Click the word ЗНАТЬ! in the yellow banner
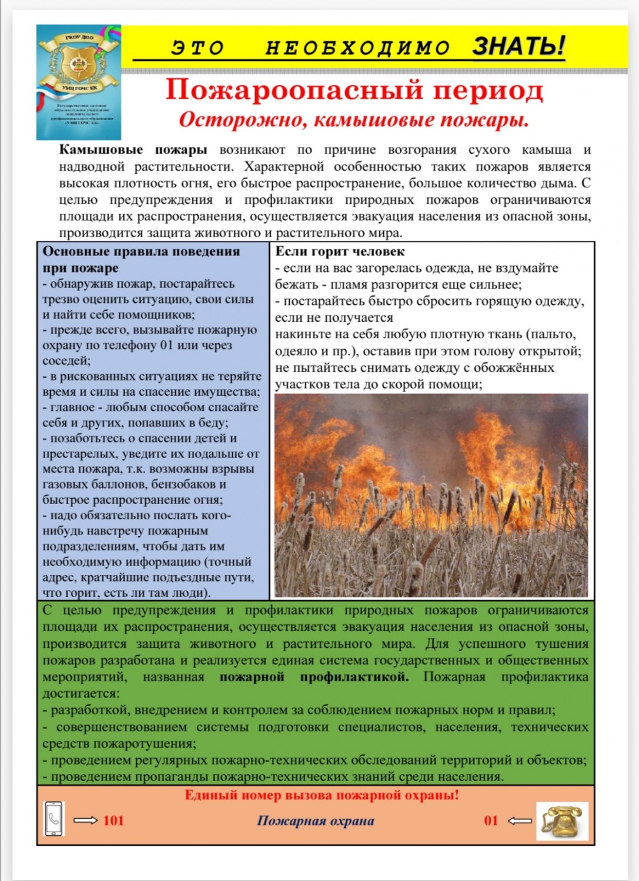coord(518,46)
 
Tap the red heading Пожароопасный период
coord(354,90)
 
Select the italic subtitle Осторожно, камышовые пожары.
coord(354,119)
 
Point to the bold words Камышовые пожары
coord(133,150)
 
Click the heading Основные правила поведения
coord(141,251)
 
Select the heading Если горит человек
coord(340,251)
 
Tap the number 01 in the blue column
coord(166,345)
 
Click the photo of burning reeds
coord(431,495)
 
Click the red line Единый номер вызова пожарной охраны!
coord(322,795)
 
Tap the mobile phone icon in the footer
coord(54,819)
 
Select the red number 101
coord(113,821)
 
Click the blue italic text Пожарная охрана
coord(315,821)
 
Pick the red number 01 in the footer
coord(491,821)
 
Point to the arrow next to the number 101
coord(86,821)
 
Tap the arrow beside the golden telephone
coord(519,821)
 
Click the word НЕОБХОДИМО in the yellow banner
coord(357,48)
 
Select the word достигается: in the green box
coord(81,693)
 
